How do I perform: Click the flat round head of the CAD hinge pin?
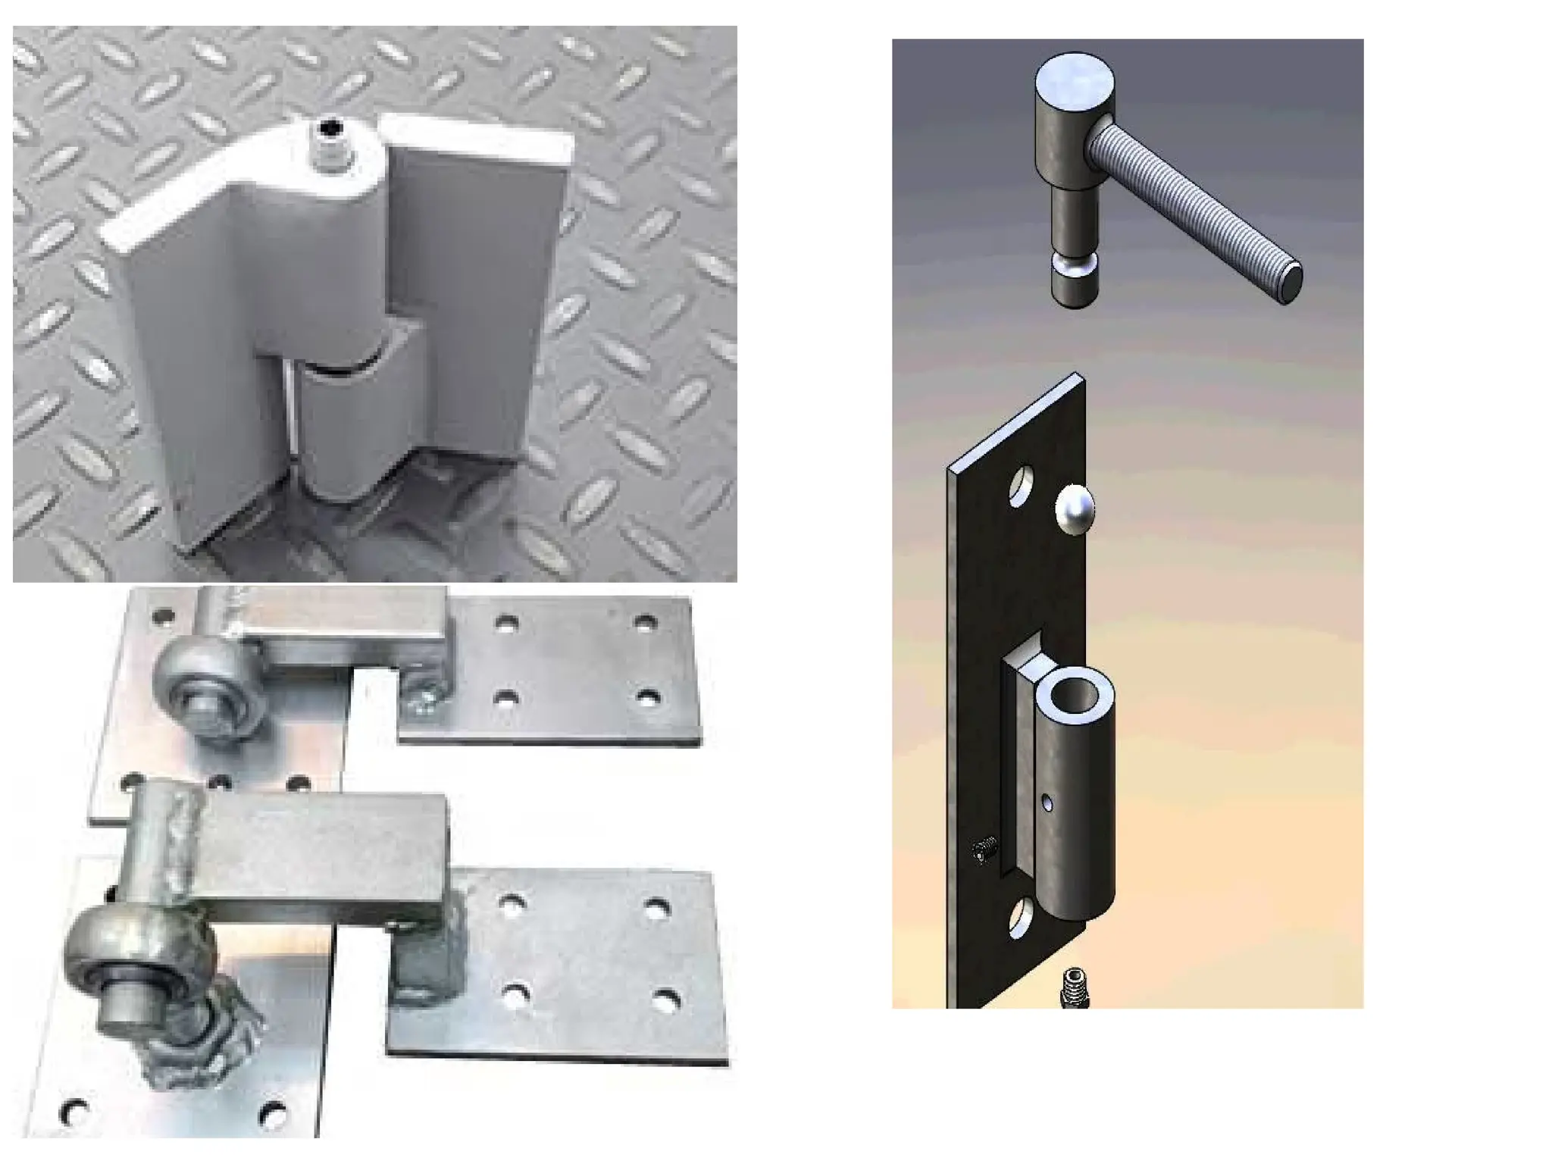pyautogui.click(x=1075, y=79)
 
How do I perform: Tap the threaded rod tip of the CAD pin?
pyautogui.click(x=1291, y=283)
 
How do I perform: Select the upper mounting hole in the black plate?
pyautogui.click(x=1023, y=485)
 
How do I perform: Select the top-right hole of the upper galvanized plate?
pyautogui.click(x=645, y=624)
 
